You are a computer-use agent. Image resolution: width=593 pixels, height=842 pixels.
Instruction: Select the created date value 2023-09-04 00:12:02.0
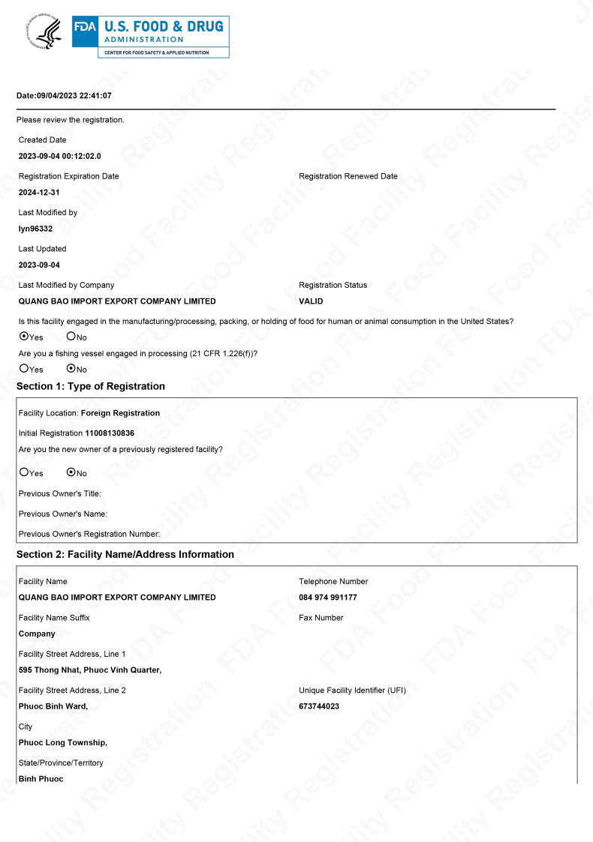click(59, 156)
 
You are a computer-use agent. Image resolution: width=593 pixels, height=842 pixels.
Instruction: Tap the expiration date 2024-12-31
click(39, 193)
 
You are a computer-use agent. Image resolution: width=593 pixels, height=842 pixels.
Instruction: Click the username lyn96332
click(35, 229)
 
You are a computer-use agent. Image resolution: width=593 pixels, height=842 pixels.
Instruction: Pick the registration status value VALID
click(311, 301)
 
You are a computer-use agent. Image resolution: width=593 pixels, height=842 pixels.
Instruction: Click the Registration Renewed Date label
click(348, 176)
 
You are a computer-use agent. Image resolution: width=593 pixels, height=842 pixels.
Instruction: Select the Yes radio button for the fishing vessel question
click(24, 369)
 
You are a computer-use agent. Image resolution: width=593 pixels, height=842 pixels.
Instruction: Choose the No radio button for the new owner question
click(71, 473)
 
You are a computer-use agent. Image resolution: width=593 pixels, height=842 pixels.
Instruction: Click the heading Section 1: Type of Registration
click(91, 386)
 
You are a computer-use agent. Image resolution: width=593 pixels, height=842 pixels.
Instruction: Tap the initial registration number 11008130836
click(110, 433)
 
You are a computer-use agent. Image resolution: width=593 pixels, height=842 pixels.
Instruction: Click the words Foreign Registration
click(120, 413)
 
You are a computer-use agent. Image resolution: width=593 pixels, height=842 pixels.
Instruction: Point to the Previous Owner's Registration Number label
click(89, 534)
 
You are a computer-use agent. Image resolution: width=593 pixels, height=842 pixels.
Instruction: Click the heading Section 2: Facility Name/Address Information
click(125, 555)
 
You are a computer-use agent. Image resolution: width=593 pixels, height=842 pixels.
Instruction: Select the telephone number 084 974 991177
click(327, 598)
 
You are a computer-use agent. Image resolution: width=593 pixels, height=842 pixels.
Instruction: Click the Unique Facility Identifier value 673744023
click(319, 706)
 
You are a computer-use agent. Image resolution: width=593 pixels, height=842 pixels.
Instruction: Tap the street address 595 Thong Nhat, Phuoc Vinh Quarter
click(90, 670)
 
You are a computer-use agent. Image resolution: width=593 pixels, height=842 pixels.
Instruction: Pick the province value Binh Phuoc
click(41, 779)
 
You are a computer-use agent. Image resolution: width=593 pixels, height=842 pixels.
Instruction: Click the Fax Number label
click(321, 618)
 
